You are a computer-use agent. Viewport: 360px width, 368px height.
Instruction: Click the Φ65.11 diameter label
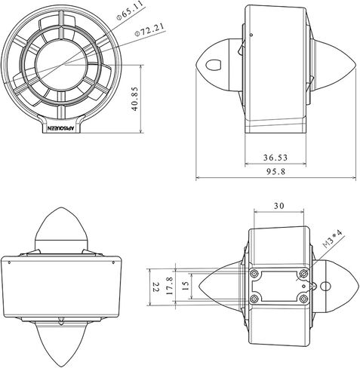(x=130, y=11)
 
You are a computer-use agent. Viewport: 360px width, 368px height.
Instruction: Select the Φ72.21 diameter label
(x=149, y=29)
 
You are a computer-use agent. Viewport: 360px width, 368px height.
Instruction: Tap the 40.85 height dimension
(x=135, y=99)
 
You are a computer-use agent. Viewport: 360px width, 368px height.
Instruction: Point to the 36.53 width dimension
(x=275, y=158)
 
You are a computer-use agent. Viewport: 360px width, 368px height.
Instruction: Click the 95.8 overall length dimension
(x=276, y=172)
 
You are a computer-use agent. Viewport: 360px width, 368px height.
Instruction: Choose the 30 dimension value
(x=279, y=206)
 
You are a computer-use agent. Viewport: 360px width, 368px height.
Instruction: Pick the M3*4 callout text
(x=333, y=239)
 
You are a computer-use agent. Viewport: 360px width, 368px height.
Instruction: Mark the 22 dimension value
(x=156, y=287)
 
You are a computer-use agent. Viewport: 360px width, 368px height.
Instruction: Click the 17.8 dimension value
(x=170, y=286)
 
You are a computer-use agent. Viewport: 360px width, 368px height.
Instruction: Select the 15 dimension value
(x=185, y=286)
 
